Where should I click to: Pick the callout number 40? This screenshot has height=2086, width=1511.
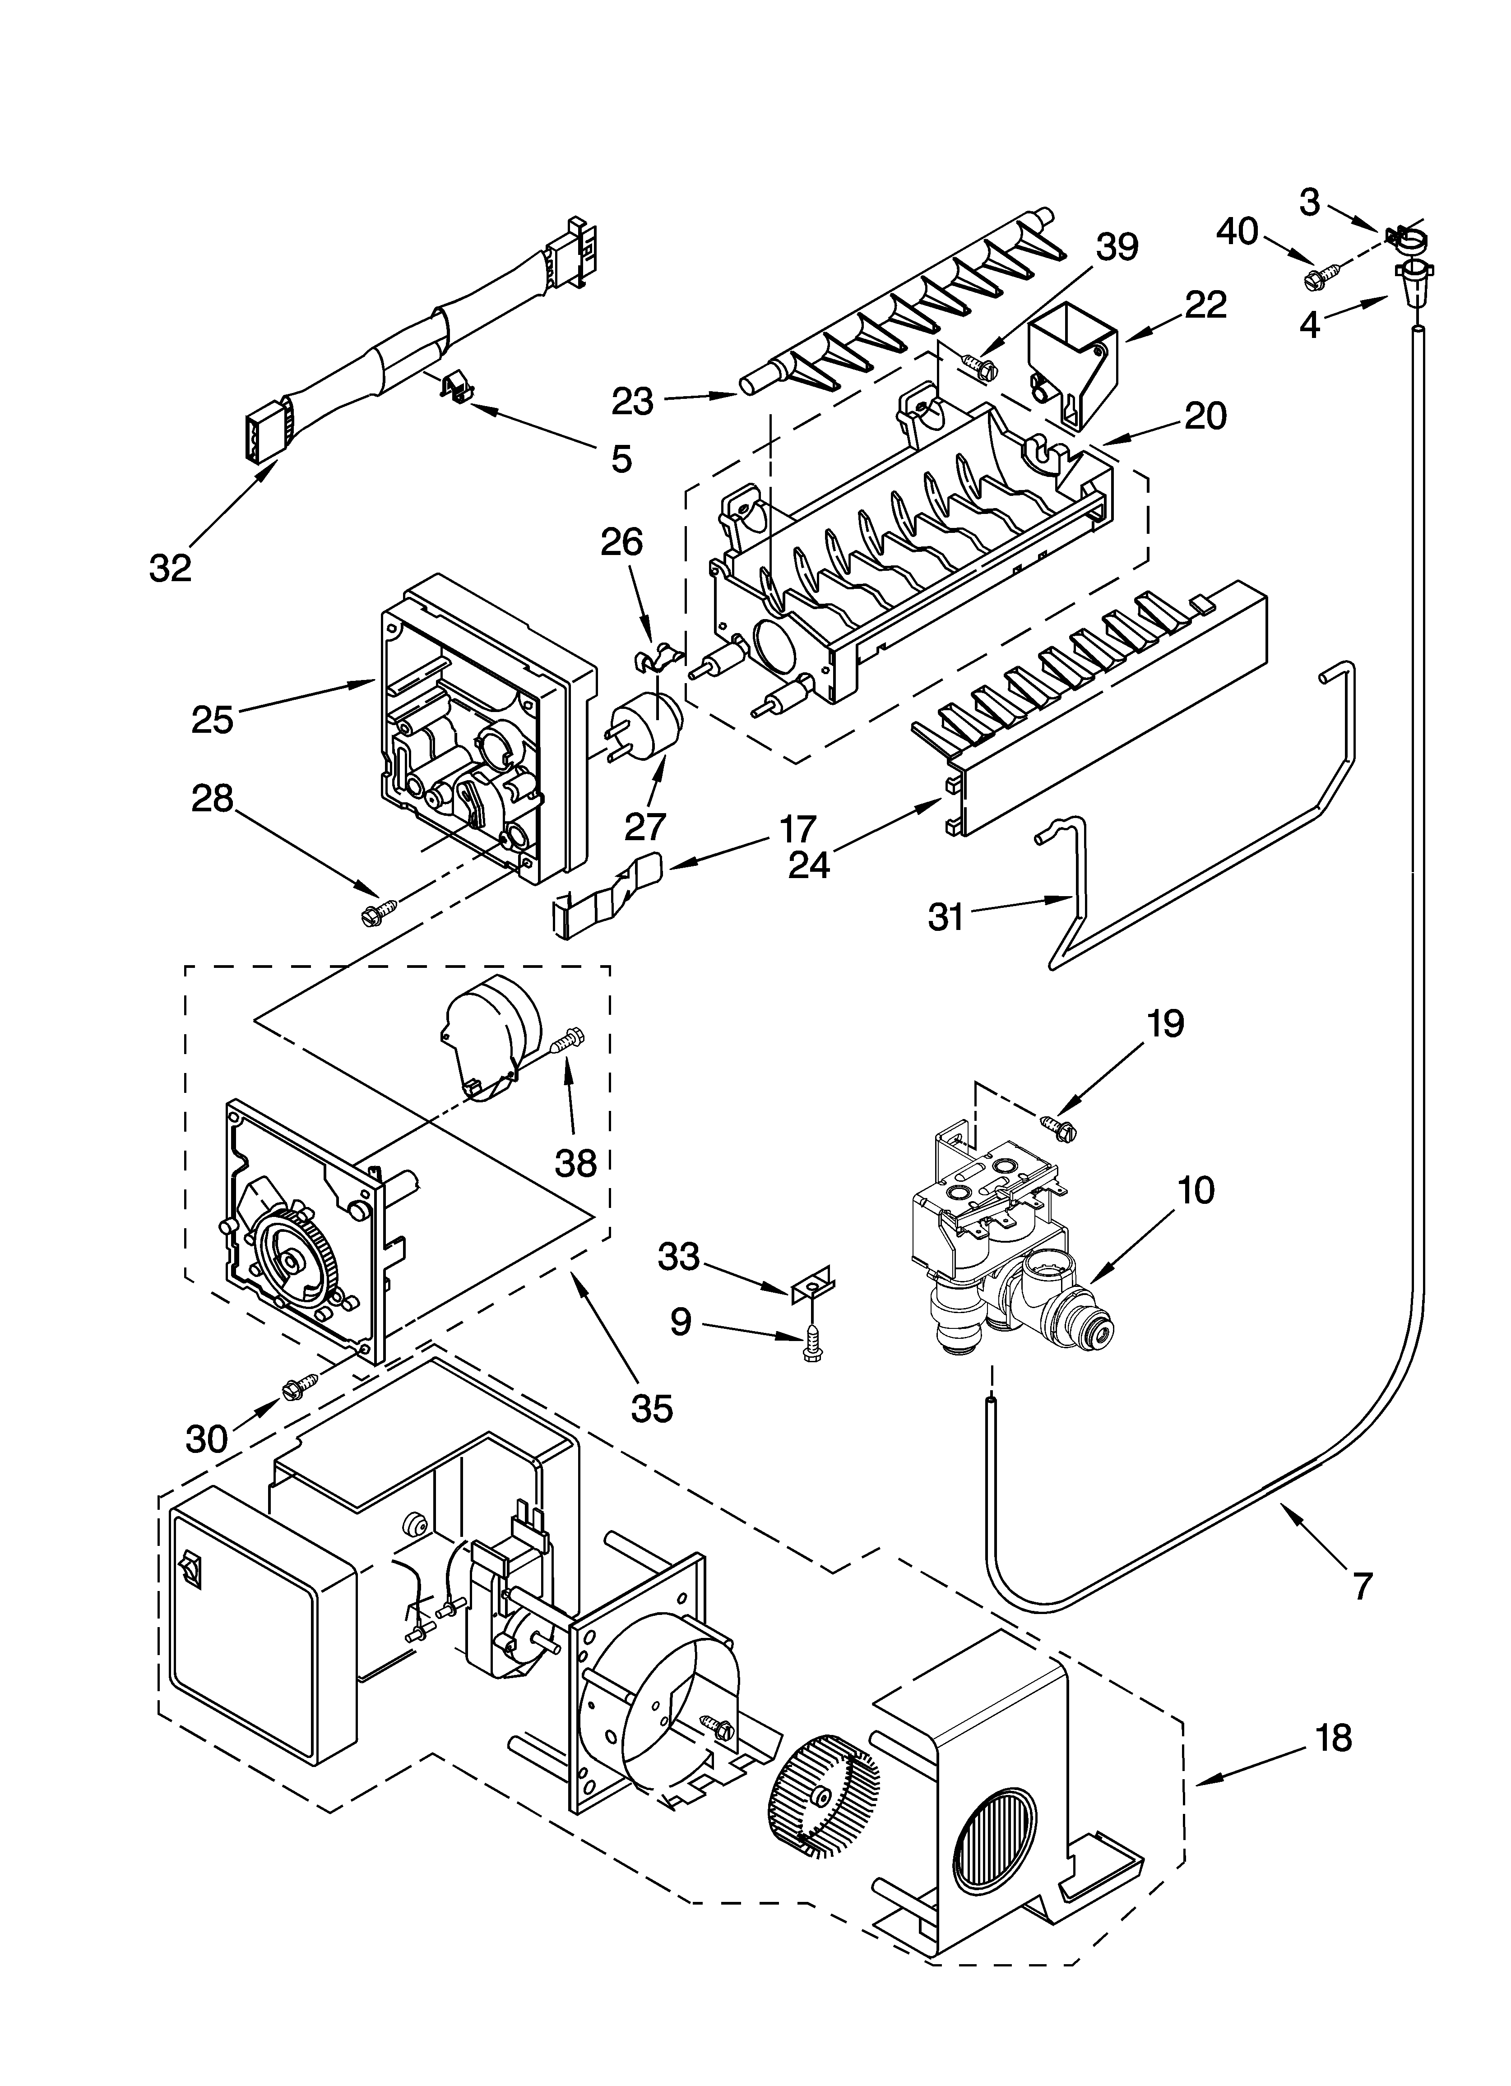pyautogui.click(x=1238, y=232)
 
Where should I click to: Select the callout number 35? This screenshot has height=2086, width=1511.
pyautogui.click(x=652, y=1407)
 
